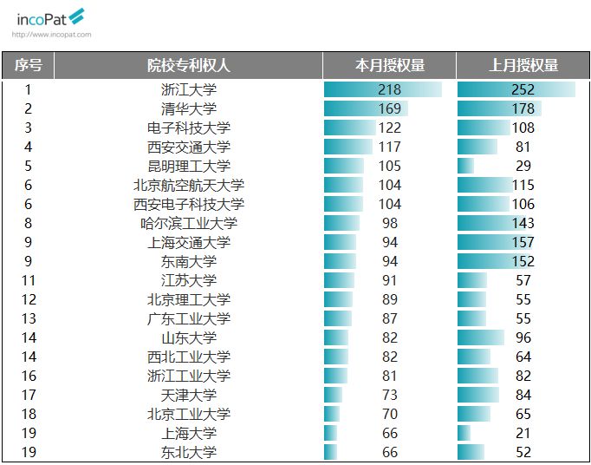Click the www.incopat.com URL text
coord(51,35)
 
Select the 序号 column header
coord(28,65)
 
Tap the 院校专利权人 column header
coord(188,65)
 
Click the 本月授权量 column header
coord(390,65)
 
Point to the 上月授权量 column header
coord(523,65)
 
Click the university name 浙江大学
coord(189,89)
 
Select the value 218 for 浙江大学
coord(390,89)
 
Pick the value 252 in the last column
coord(523,89)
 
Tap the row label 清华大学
coord(189,108)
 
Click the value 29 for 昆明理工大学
coord(523,166)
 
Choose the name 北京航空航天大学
coord(189,185)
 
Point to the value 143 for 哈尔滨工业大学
coord(523,223)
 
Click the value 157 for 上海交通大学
coord(523,242)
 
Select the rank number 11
coord(29,280)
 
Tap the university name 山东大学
coord(189,337)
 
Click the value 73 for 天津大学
coord(390,395)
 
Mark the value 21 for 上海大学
coord(523,433)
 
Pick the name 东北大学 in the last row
coord(189,452)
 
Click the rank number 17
coord(29,395)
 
